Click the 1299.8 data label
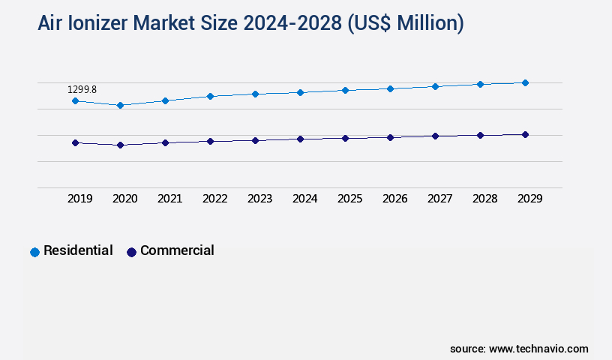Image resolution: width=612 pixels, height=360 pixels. [x=82, y=89]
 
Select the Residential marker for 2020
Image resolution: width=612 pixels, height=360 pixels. [x=120, y=105]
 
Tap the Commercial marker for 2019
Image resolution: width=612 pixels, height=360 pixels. [x=75, y=142]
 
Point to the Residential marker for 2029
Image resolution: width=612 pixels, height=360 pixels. [x=525, y=82]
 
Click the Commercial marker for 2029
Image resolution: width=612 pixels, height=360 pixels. [x=525, y=135]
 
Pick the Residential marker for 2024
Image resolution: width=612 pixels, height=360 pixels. [x=300, y=92]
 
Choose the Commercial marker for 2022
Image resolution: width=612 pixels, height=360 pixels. [x=210, y=141]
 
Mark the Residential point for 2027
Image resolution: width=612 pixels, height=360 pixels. [x=435, y=86]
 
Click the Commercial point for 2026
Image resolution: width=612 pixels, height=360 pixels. [x=390, y=137]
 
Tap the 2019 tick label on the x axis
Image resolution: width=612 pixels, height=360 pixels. [x=79, y=199]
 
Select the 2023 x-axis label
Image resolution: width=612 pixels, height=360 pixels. [x=259, y=199]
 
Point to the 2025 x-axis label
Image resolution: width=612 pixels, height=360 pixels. [x=349, y=199]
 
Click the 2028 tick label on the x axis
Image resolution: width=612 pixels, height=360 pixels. [x=484, y=199]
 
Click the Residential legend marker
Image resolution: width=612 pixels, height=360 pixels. [x=34, y=252]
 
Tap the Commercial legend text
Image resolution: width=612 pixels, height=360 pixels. [x=177, y=250]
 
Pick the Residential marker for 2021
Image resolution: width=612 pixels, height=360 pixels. [x=165, y=100]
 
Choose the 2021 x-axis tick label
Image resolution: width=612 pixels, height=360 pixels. [x=169, y=199]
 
